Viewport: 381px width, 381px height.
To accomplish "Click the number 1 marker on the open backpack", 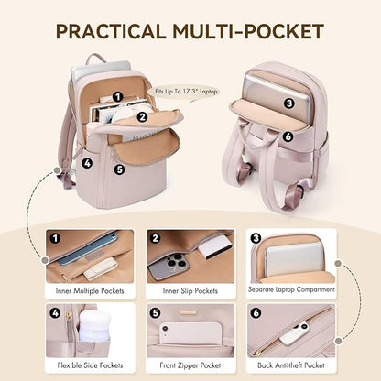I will click(118, 96).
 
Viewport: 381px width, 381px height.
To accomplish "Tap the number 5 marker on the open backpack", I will click(118, 169).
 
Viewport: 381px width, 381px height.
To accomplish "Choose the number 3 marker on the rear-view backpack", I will click(288, 103).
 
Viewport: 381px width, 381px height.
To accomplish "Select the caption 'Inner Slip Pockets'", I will click(190, 291).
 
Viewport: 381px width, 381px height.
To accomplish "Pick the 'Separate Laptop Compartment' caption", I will click(290, 291).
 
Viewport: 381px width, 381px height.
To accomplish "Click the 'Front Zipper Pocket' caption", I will click(190, 365).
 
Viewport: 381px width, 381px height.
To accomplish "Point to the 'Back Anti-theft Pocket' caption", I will click(290, 365).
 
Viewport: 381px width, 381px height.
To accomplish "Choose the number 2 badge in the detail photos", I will click(155, 238).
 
